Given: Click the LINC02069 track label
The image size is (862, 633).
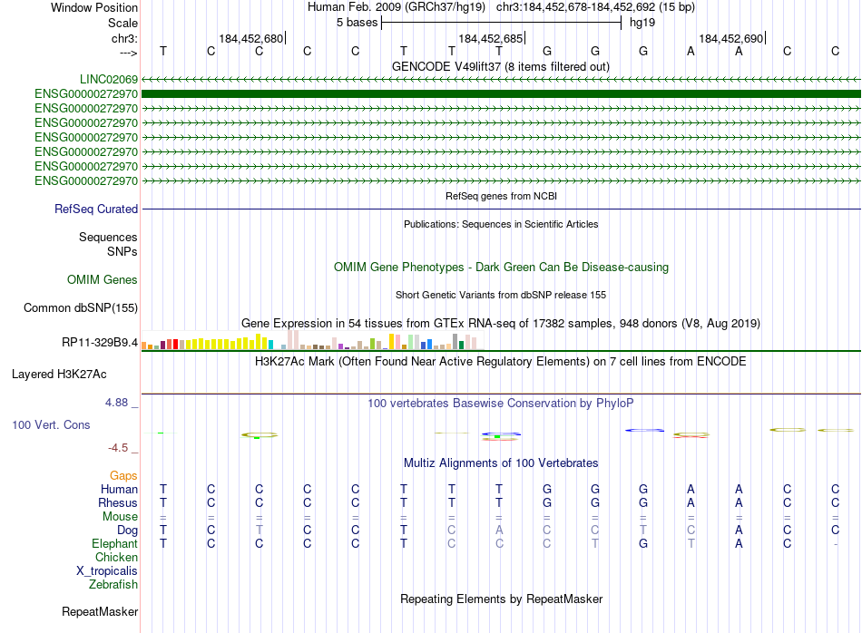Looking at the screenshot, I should click(108, 79).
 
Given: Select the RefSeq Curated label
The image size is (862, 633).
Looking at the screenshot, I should click(96, 209).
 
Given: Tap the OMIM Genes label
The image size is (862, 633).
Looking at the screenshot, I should click(103, 280).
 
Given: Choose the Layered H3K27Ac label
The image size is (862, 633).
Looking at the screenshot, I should click(59, 374).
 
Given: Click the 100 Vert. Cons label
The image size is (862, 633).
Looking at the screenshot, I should click(51, 424).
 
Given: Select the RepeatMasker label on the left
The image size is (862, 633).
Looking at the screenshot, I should click(100, 612).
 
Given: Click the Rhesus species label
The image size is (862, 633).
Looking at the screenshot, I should click(119, 502).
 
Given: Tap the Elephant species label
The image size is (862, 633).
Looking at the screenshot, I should click(114, 543).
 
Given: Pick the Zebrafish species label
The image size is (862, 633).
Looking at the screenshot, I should click(113, 584).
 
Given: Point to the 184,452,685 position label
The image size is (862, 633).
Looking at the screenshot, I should click(491, 39).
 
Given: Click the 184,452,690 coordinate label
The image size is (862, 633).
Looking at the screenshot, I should click(730, 39).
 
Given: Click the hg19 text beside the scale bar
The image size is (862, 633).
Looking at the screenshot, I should click(642, 23).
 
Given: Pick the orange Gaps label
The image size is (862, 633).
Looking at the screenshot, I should click(123, 475).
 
